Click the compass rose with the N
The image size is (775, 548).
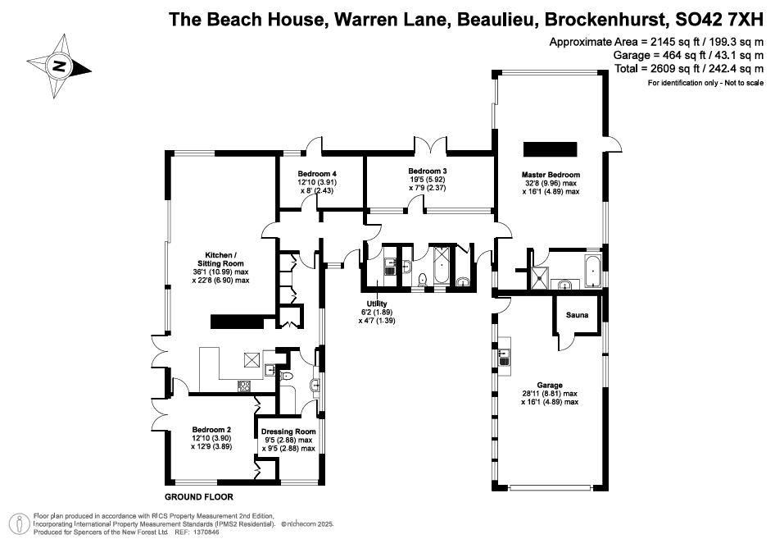(x=58, y=64)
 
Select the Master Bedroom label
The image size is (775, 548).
(x=551, y=175)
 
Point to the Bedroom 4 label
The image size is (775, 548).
(x=317, y=174)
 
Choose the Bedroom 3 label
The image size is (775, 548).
(x=427, y=171)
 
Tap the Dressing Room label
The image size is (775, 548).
(x=288, y=432)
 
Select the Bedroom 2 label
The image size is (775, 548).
(x=211, y=429)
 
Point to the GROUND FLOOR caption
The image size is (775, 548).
(x=199, y=497)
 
